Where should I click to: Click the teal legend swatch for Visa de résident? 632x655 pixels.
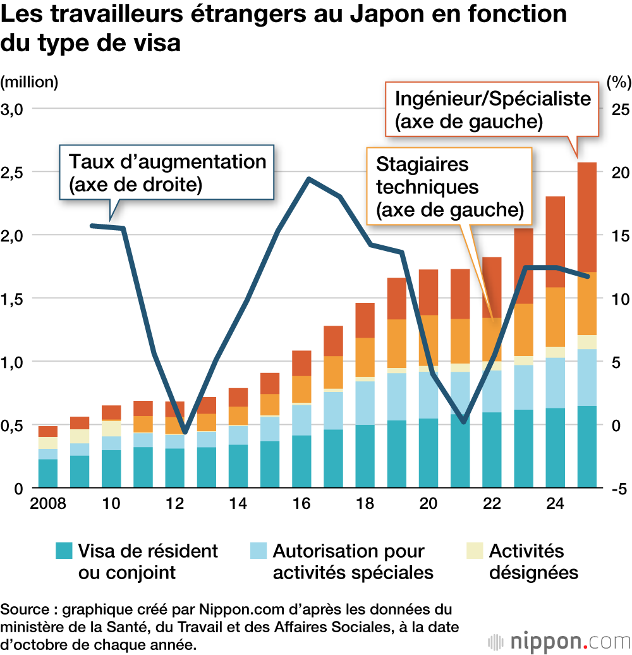pyautogui.click(x=64, y=551)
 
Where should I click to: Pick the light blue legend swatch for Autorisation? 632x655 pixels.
pyautogui.click(x=258, y=551)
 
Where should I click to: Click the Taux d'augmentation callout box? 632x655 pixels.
pyautogui.click(x=167, y=172)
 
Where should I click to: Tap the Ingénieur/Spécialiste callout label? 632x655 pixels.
pyautogui.click(x=493, y=109)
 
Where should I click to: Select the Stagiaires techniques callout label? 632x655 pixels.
pyautogui.click(x=449, y=187)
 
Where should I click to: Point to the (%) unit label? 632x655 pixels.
pyautogui.click(x=618, y=82)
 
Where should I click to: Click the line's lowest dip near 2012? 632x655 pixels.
pyautogui.click(x=185, y=433)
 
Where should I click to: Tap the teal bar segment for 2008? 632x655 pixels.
pyautogui.click(x=48, y=474)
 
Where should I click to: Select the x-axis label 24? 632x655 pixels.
pyautogui.click(x=556, y=505)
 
